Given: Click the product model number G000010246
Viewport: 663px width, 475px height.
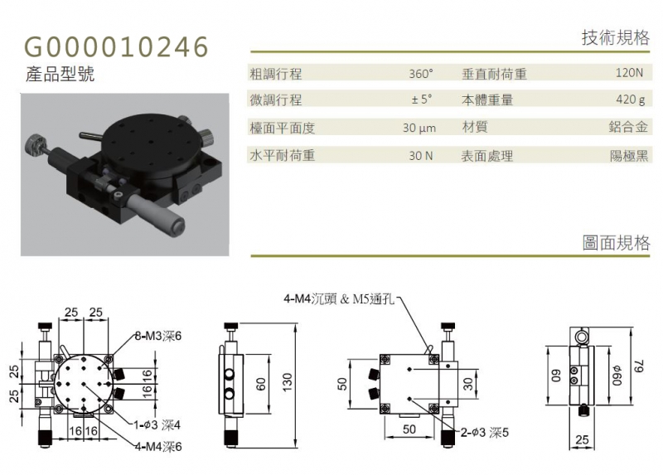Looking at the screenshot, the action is click(x=116, y=46).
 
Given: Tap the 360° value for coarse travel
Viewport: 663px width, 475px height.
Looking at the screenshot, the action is click(x=421, y=74).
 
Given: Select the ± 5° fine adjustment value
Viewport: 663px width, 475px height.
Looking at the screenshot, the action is click(x=422, y=99).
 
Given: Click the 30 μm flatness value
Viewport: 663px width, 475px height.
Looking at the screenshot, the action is click(x=419, y=128).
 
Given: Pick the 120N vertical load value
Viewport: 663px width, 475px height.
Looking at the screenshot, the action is click(x=629, y=73).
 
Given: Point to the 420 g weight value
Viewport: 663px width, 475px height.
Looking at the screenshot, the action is click(x=631, y=99).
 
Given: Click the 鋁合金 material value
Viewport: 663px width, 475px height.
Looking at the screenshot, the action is click(x=628, y=127).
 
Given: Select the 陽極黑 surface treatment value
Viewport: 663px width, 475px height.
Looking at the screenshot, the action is click(x=629, y=156).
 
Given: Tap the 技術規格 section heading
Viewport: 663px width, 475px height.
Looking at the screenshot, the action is click(x=616, y=37).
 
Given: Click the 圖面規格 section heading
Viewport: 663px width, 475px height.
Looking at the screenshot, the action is click(x=616, y=243).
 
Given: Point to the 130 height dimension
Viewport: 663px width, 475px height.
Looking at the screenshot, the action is click(x=288, y=382).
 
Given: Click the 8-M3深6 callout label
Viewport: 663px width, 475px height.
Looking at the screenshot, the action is click(x=158, y=337).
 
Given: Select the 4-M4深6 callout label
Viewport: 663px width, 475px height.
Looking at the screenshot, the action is click(x=158, y=446).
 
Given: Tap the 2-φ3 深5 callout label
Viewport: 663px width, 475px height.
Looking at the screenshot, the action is click(x=485, y=432).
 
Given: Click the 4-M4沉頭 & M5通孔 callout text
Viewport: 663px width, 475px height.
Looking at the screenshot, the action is click(x=339, y=299).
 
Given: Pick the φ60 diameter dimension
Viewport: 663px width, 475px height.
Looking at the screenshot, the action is click(x=618, y=376).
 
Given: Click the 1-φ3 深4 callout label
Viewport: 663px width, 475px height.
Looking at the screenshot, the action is click(x=157, y=424).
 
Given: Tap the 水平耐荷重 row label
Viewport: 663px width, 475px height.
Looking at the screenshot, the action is click(x=282, y=156).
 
